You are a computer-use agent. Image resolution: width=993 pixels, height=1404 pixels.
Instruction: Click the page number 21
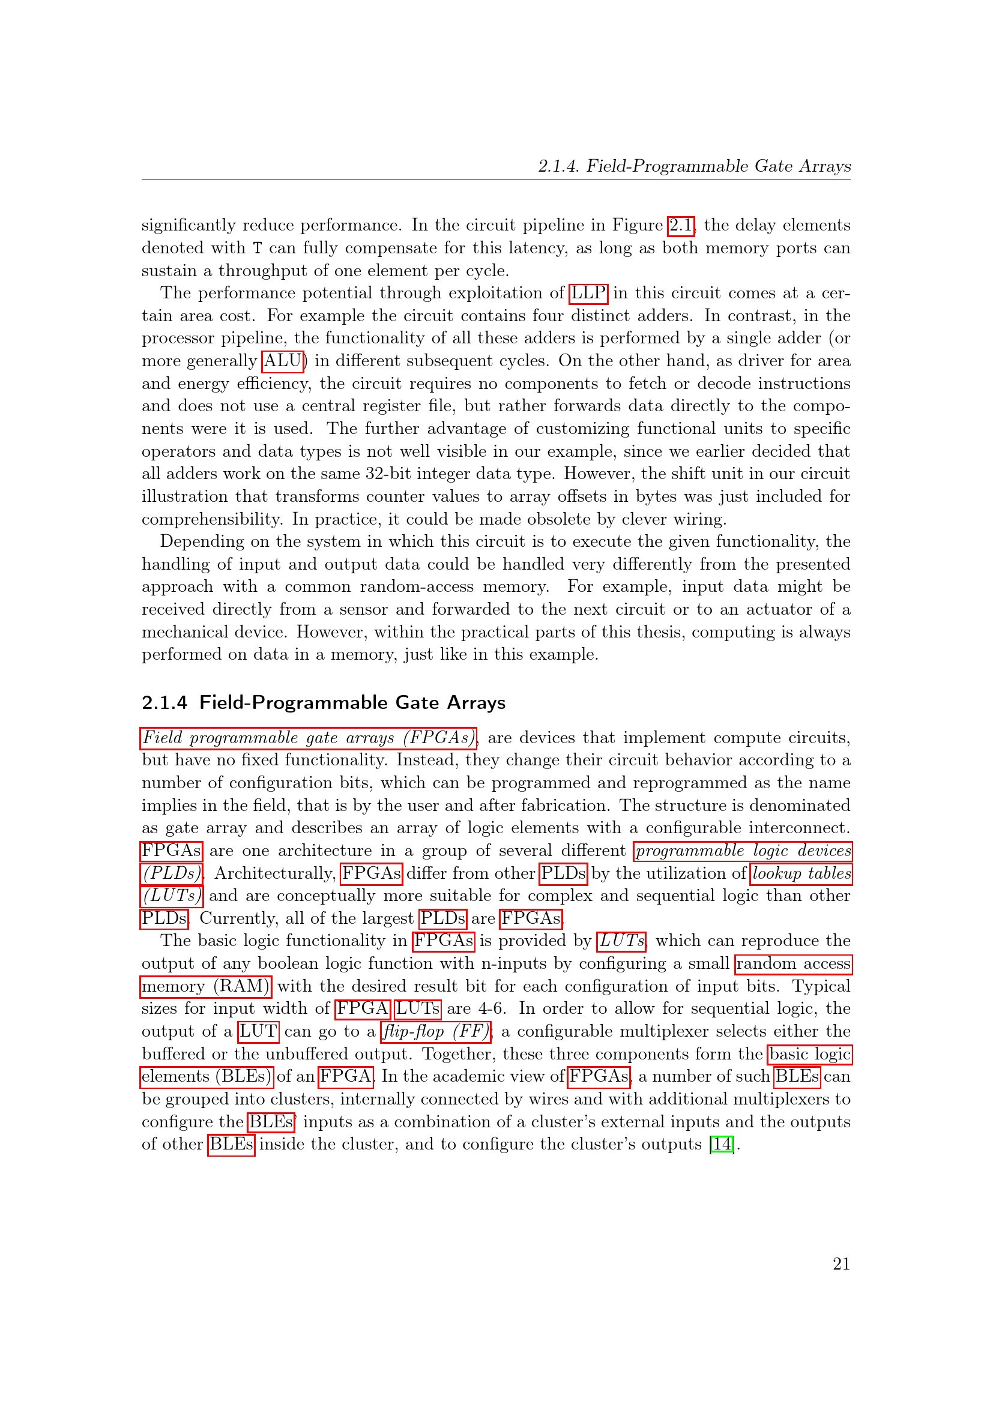(x=841, y=1264)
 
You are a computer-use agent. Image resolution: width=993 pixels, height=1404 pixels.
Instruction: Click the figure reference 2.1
(x=681, y=226)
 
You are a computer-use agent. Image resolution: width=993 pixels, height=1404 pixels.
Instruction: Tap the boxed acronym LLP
(x=588, y=294)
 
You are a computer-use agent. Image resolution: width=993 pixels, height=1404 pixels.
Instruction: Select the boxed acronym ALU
(x=283, y=361)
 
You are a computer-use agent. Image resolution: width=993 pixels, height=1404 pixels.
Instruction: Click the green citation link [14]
(x=722, y=1144)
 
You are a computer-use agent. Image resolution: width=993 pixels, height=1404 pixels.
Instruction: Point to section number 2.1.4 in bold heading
(x=164, y=703)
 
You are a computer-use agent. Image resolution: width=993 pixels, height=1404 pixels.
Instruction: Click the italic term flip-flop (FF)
(x=436, y=1032)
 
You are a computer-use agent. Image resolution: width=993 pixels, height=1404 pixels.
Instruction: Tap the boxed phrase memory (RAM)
(x=206, y=986)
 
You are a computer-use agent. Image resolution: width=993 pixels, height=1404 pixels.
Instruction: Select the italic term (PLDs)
(x=172, y=873)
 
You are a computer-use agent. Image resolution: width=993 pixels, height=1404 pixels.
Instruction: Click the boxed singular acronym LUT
(x=258, y=1032)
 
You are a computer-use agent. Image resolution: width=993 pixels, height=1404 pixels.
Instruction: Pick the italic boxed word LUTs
(x=621, y=941)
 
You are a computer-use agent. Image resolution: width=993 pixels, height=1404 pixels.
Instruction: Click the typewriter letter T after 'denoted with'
(x=258, y=249)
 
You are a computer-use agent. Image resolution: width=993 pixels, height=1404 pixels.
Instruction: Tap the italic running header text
(x=694, y=166)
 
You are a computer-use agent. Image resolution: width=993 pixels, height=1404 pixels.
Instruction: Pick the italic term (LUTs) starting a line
(x=172, y=896)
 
